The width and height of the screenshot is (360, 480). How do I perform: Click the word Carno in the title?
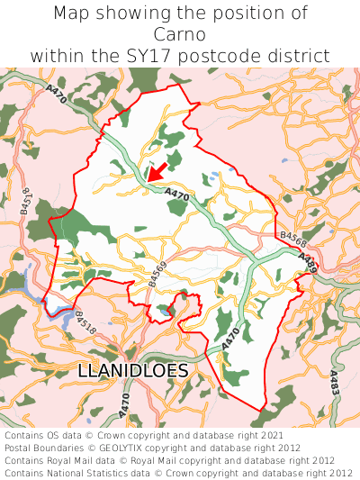[180, 34]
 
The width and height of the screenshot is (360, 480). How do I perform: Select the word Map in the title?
[72, 14]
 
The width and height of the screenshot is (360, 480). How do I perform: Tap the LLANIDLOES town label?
[133, 371]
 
